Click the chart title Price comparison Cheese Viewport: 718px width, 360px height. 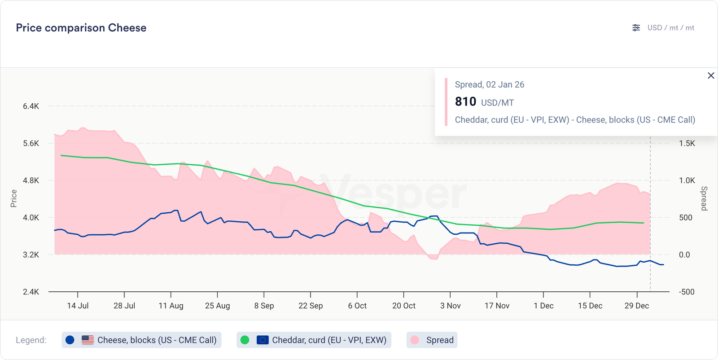pyautogui.click(x=81, y=28)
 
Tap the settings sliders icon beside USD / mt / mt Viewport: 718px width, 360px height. pyautogui.click(x=636, y=28)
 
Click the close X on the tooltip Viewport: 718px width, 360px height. pyautogui.click(x=711, y=75)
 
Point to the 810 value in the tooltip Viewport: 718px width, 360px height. pyautogui.click(x=465, y=102)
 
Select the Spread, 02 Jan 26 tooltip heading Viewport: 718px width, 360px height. pyautogui.click(x=489, y=84)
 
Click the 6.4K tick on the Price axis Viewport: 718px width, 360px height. pyautogui.click(x=31, y=106)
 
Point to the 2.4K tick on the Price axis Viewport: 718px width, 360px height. pyautogui.click(x=31, y=292)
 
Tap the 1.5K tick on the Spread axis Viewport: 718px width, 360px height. pyautogui.click(x=687, y=144)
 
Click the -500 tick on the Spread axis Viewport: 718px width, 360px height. pyautogui.click(x=687, y=292)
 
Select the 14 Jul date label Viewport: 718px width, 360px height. pyautogui.click(x=78, y=306)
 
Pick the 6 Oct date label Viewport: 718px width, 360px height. pyautogui.click(x=357, y=306)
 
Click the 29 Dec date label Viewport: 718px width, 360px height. pyautogui.click(x=636, y=306)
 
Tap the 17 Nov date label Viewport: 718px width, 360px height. pyautogui.click(x=497, y=306)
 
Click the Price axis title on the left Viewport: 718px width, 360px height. pyautogui.click(x=14, y=198)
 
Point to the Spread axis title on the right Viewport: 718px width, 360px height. pyautogui.click(x=704, y=198)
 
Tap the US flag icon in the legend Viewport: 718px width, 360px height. pyautogui.click(x=88, y=340)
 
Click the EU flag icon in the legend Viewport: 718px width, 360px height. pyautogui.click(x=263, y=340)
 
